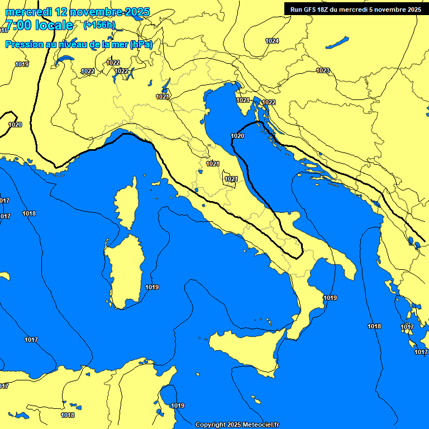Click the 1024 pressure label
[x=272, y=41]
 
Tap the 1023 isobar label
[x=323, y=70]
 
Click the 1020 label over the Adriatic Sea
[x=237, y=136]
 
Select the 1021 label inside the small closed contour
[x=231, y=179]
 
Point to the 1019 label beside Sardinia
[x=152, y=287]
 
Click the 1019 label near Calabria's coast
[x=330, y=298]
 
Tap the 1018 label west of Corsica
[x=29, y=213]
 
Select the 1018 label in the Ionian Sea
[x=374, y=326]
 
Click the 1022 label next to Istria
[x=269, y=102]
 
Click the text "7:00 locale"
[x=39, y=25]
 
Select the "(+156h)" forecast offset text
[x=99, y=25]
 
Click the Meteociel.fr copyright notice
[x=237, y=425]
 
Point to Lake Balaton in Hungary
[x=337, y=42]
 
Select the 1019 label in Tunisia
[x=178, y=406]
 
